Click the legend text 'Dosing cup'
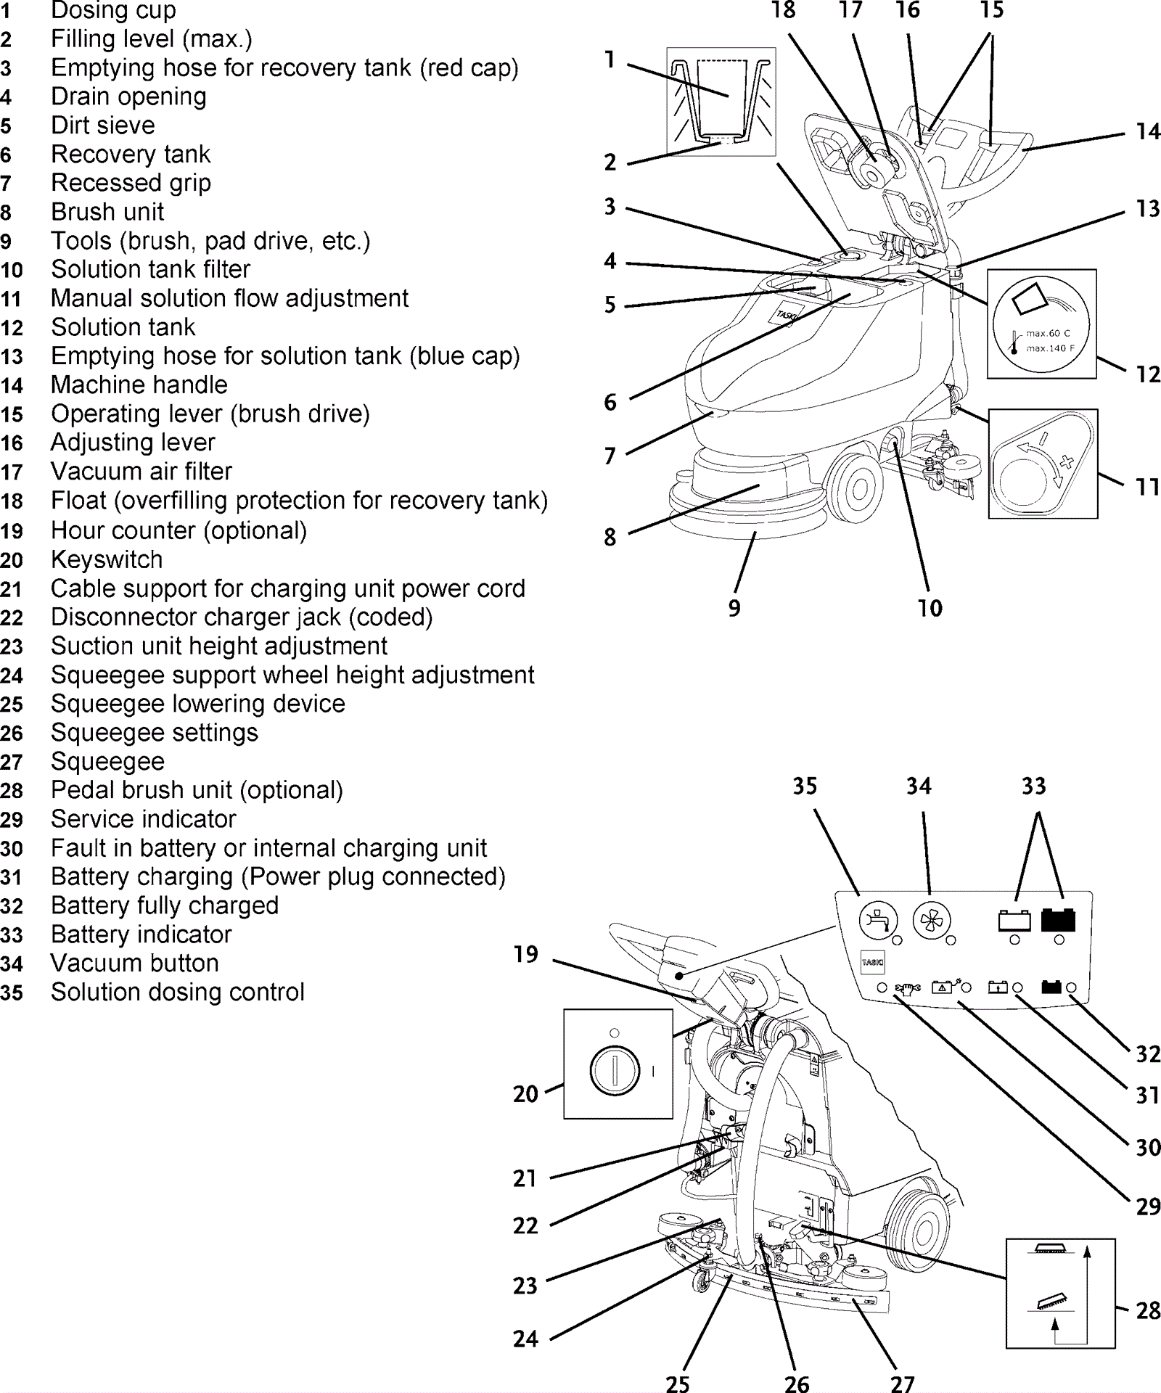point(113,11)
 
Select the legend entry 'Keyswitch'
point(107,560)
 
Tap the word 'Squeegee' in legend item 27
point(107,762)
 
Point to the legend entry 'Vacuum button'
point(135,963)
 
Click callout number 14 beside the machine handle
point(1147,132)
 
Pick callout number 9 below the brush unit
point(734,608)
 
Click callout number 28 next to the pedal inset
point(1147,1310)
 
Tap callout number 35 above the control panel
point(805,786)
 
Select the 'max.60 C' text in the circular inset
point(1047,334)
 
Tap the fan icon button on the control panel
point(931,921)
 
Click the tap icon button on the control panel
point(878,921)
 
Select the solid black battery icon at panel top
point(1058,920)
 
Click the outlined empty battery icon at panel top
point(1014,921)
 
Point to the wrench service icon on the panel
point(908,987)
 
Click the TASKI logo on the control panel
point(872,962)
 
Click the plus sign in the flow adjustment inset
point(1066,461)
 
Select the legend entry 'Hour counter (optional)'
point(179,531)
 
